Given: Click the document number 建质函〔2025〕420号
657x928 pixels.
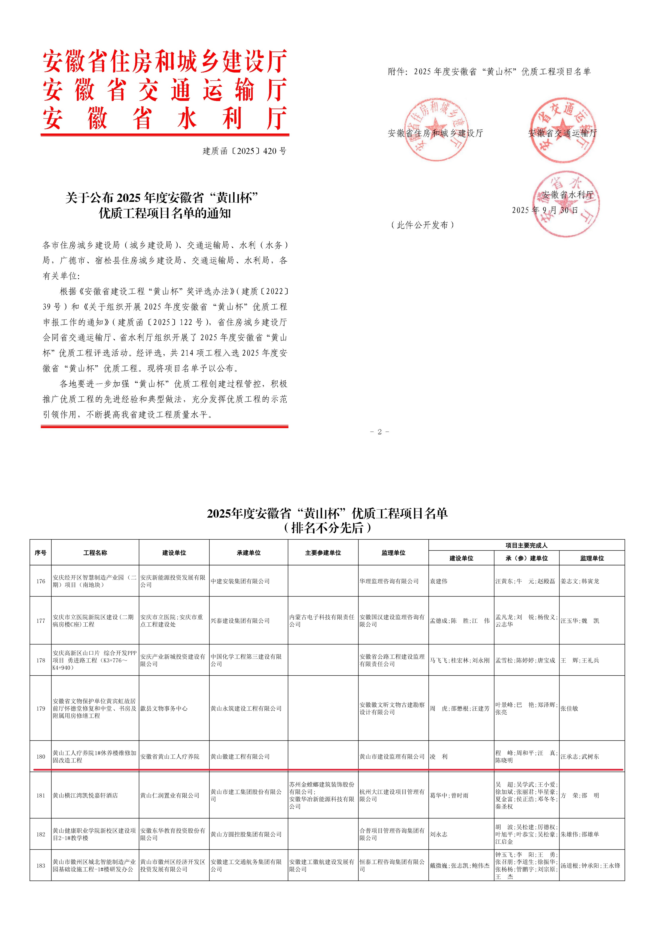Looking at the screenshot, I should point(244,151).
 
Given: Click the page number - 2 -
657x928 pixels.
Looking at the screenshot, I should point(380,432).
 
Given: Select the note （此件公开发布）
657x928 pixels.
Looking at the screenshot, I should point(423,225).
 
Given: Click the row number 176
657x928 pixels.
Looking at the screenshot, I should point(41,581).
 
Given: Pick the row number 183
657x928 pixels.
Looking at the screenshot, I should point(41,866).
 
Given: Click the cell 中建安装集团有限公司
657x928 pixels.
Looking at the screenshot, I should point(240,581).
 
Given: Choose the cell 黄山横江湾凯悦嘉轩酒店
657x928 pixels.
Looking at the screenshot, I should point(85,795).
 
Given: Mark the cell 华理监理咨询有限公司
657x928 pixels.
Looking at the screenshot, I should point(389,581).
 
